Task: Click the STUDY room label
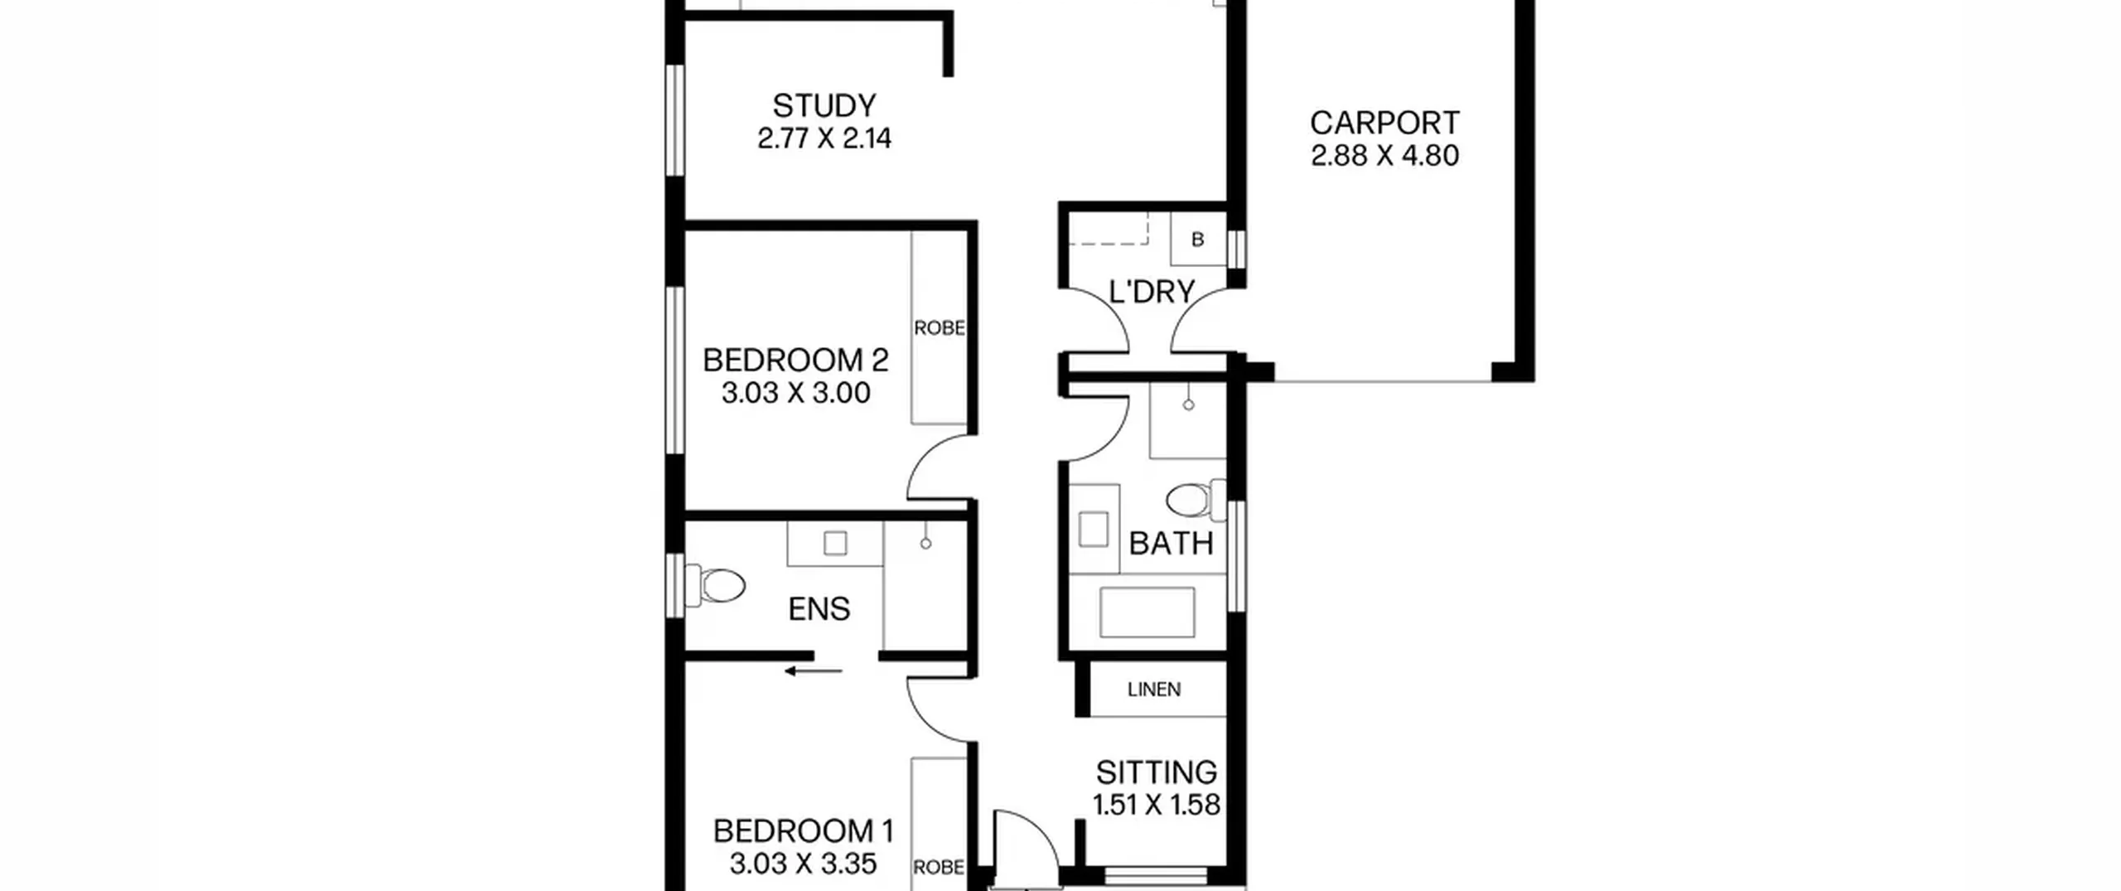click(x=824, y=106)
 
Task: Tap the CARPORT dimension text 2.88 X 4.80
click(x=1384, y=156)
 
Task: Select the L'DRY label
click(x=1152, y=292)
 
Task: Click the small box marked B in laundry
click(x=1197, y=240)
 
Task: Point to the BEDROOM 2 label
click(x=795, y=361)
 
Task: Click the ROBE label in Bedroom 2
click(x=940, y=328)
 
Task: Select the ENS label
click(x=819, y=609)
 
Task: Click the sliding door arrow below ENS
click(x=814, y=671)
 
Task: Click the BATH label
click(x=1171, y=544)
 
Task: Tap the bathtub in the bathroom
click(x=1147, y=613)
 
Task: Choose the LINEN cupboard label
click(x=1154, y=690)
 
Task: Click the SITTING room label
click(x=1157, y=772)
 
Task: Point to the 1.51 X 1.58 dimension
click(x=1157, y=805)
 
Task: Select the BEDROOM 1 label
click(x=804, y=830)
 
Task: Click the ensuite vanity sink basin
click(x=835, y=544)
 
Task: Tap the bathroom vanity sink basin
click(x=1094, y=529)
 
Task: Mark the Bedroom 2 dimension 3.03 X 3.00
click(x=796, y=393)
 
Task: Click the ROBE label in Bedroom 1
click(x=939, y=867)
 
